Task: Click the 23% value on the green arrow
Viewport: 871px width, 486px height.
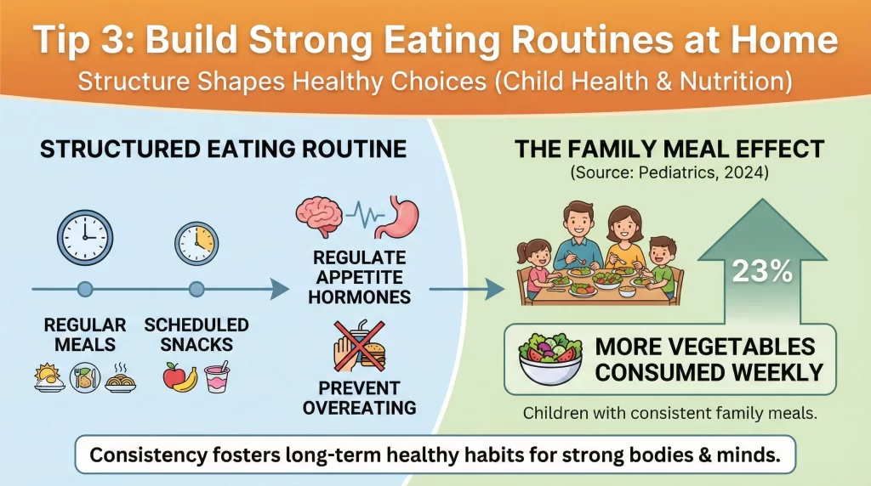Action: pos(761,273)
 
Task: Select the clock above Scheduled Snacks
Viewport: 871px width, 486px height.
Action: pos(196,243)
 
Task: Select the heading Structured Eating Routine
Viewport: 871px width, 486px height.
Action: pos(223,150)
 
